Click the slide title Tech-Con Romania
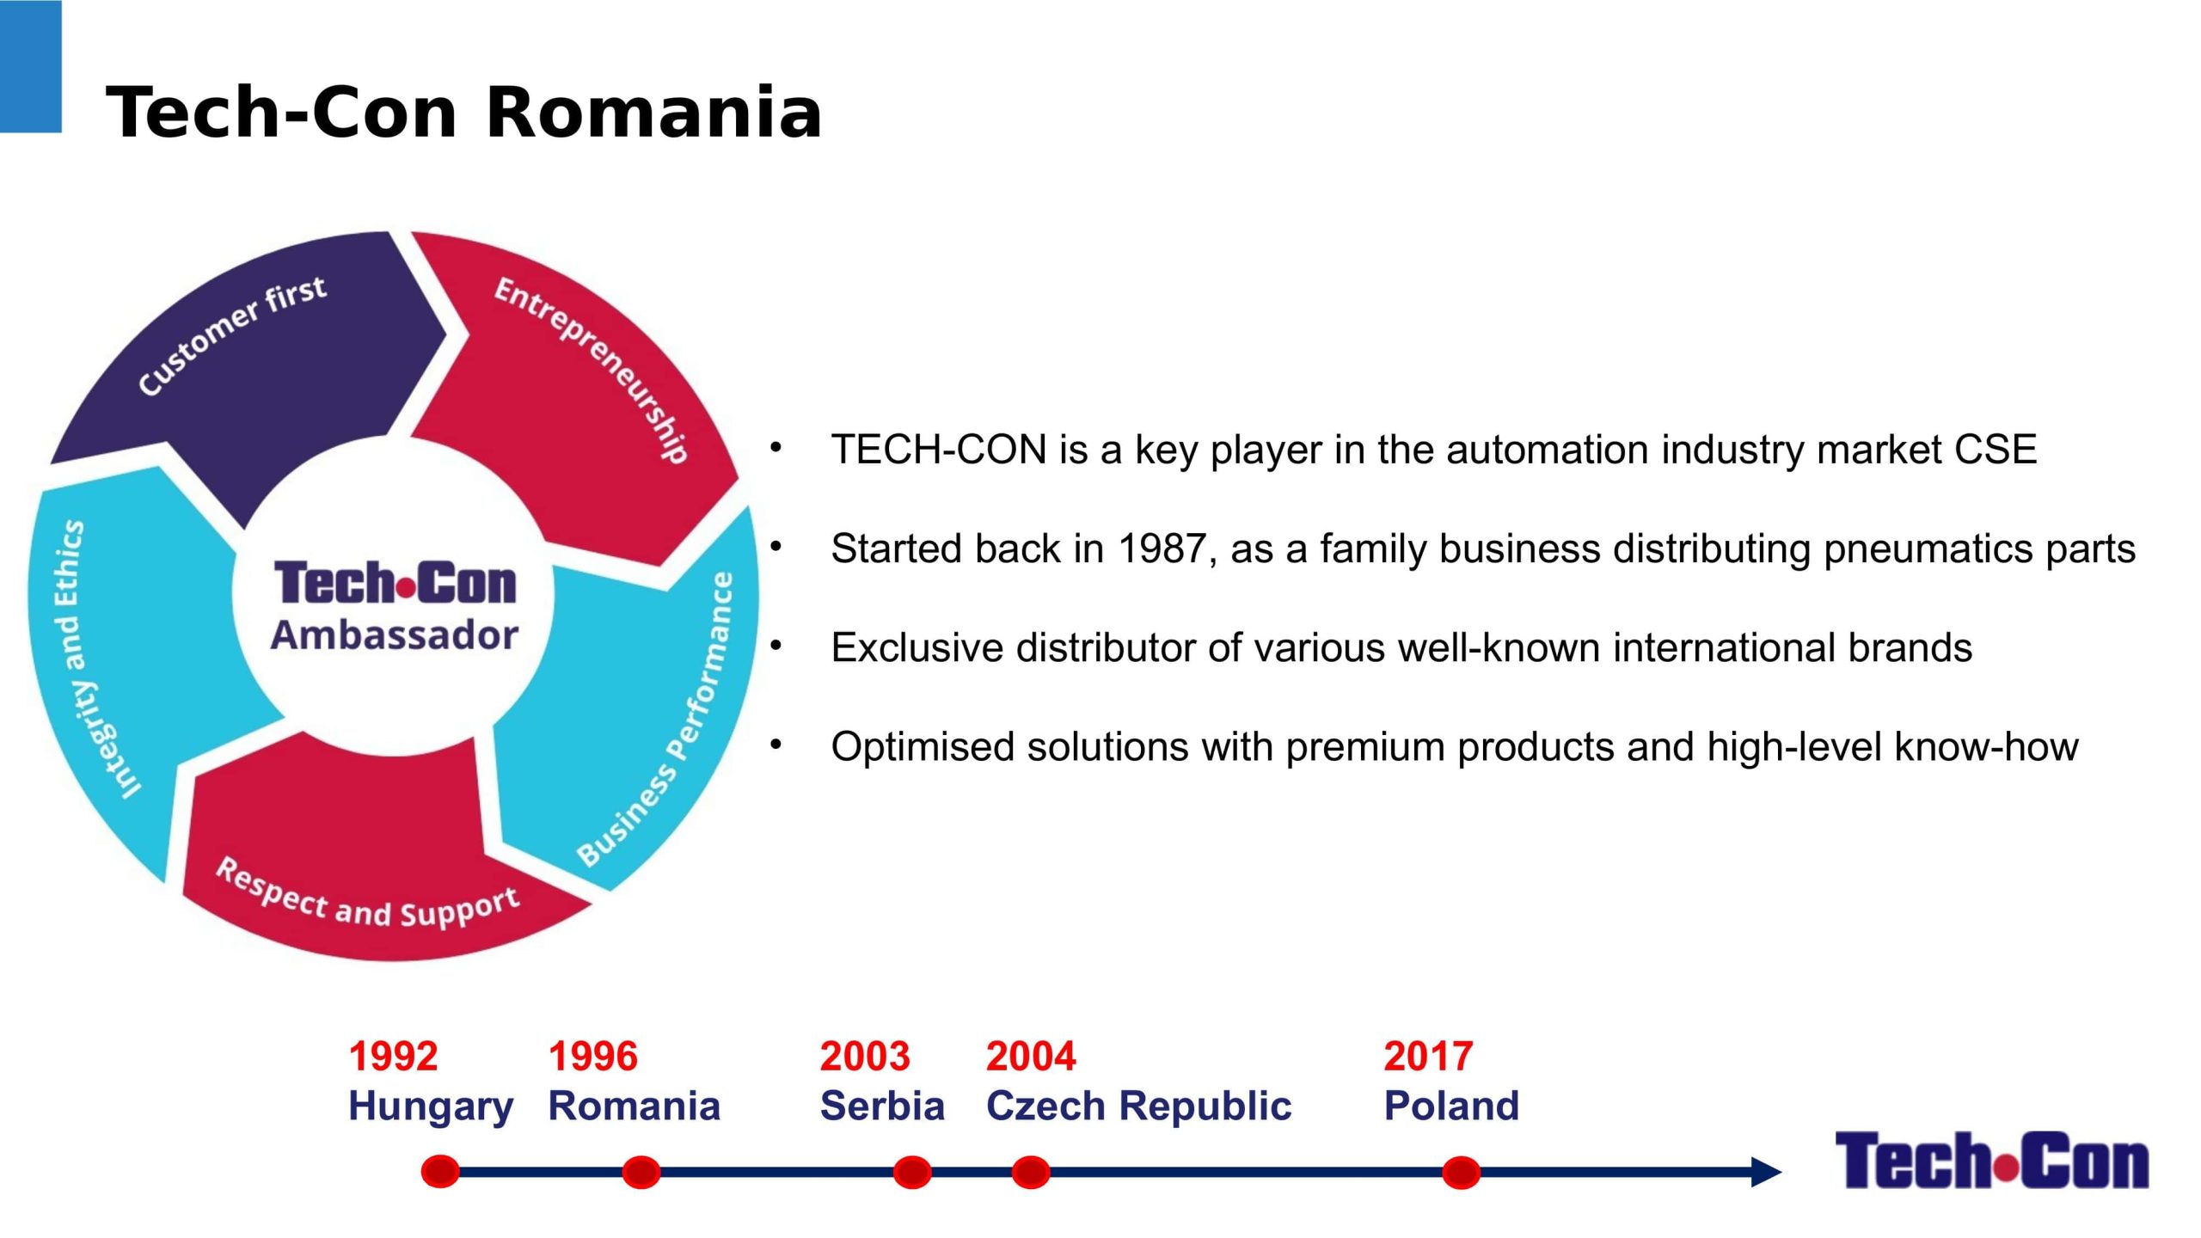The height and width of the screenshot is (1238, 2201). pos(464,113)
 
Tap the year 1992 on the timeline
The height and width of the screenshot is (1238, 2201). pos(393,1056)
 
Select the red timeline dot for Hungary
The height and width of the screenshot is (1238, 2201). pos(440,1171)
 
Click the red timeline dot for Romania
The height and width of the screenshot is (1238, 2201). pos(641,1171)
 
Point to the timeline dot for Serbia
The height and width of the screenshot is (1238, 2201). pos(912,1171)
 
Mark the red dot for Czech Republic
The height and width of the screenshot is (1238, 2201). pos(1031,1171)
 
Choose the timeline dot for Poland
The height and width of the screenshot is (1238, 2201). pos(1461,1171)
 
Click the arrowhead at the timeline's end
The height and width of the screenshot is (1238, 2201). pos(1766,1171)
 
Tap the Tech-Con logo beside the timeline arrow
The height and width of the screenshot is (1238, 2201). pos(1991,1160)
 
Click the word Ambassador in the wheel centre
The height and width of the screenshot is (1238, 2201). pos(395,635)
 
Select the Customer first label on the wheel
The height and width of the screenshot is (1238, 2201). pos(232,335)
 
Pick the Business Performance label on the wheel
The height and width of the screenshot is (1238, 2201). pos(656,719)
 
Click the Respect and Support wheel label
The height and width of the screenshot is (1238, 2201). pos(367,894)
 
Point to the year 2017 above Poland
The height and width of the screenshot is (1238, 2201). pos(1428,1056)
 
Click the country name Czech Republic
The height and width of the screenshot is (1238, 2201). pos(1138,1106)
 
